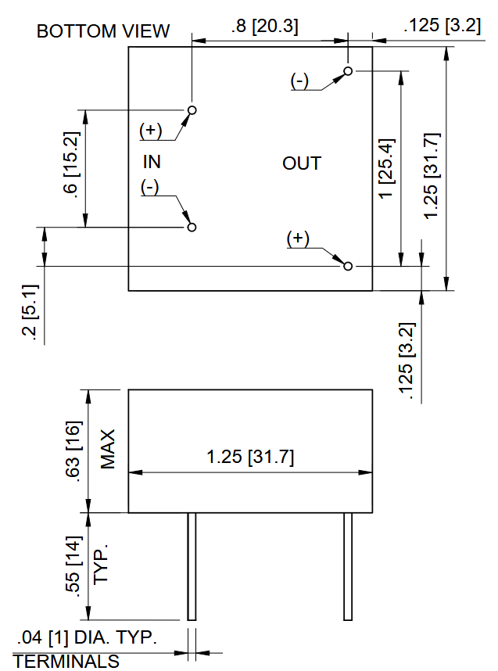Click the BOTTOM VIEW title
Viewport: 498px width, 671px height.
[103, 31]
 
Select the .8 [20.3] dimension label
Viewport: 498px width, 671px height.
[264, 26]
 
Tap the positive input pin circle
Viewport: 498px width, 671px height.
[192, 110]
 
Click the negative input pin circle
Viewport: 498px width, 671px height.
[192, 227]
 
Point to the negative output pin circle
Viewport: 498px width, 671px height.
[348, 70]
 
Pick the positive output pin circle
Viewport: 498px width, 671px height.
[348, 266]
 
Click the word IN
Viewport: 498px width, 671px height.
[152, 162]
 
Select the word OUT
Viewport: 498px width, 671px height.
[302, 163]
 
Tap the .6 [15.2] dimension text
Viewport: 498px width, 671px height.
[71, 165]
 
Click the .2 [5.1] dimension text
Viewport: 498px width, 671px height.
[30, 314]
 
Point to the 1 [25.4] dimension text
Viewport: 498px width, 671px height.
[387, 168]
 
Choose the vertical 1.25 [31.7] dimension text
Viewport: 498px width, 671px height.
[432, 176]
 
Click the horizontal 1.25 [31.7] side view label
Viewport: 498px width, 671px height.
[250, 457]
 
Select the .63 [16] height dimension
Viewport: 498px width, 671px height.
[72, 451]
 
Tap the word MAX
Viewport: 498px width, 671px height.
[108, 450]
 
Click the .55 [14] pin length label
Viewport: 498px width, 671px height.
[72, 565]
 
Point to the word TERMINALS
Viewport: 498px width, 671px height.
[66, 661]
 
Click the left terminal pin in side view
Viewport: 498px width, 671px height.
[192, 566]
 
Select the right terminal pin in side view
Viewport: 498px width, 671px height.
[348, 566]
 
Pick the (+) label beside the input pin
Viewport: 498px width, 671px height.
[151, 130]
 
